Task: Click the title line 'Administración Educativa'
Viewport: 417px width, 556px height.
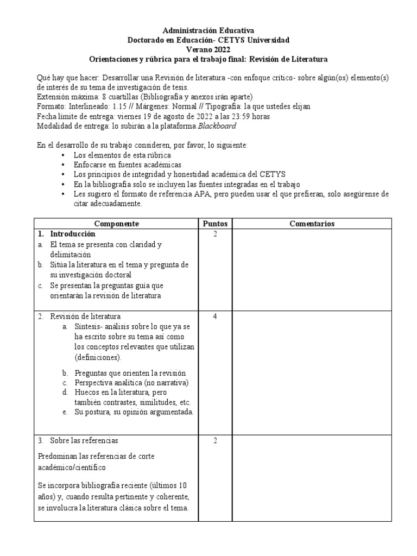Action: point(208,31)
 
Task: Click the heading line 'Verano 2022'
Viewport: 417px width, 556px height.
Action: point(208,49)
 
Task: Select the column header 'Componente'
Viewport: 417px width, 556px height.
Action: point(117,224)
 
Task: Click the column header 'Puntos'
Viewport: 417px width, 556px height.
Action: point(215,224)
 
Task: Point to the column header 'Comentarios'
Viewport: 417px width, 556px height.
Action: point(312,224)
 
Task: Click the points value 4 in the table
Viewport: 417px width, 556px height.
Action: point(215,317)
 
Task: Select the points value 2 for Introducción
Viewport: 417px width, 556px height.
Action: point(215,235)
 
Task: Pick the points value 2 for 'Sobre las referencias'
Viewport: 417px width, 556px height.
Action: point(215,440)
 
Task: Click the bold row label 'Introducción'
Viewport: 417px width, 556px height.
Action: point(73,234)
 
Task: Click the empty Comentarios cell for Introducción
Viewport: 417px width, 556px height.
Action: point(312,269)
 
